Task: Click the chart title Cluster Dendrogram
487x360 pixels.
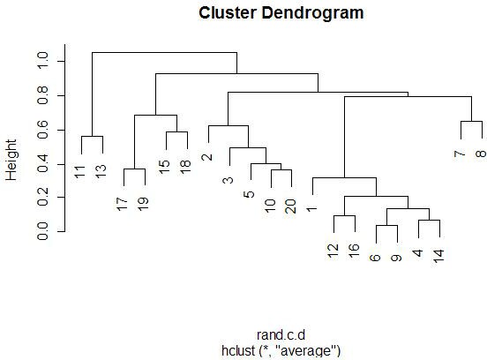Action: pos(281,13)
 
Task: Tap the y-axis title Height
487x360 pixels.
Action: pos(11,160)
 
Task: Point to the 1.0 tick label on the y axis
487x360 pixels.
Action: pos(42,61)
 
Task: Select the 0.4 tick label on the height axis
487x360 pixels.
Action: pos(42,163)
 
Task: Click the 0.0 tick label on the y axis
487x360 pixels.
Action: pos(42,231)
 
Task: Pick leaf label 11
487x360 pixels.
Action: pos(80,172)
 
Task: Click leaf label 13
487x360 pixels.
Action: pos(101,171)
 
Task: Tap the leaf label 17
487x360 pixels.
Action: pos(123,204)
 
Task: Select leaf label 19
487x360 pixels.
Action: pos(144,204)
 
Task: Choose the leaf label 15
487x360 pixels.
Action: pos(165,167)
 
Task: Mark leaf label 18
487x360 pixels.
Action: pos(186,167)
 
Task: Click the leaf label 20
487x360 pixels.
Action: pos(291,206)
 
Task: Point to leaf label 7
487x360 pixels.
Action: pos(460,154)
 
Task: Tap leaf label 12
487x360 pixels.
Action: pos(333,251)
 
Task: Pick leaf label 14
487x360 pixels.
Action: pos(438,256)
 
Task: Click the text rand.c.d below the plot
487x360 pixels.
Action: pos(281,335)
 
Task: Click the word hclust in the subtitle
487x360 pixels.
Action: pos(238,350)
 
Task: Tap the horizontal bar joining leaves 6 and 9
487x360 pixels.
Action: pos(387,225)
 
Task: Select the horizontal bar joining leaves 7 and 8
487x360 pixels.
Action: pos(471,121)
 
